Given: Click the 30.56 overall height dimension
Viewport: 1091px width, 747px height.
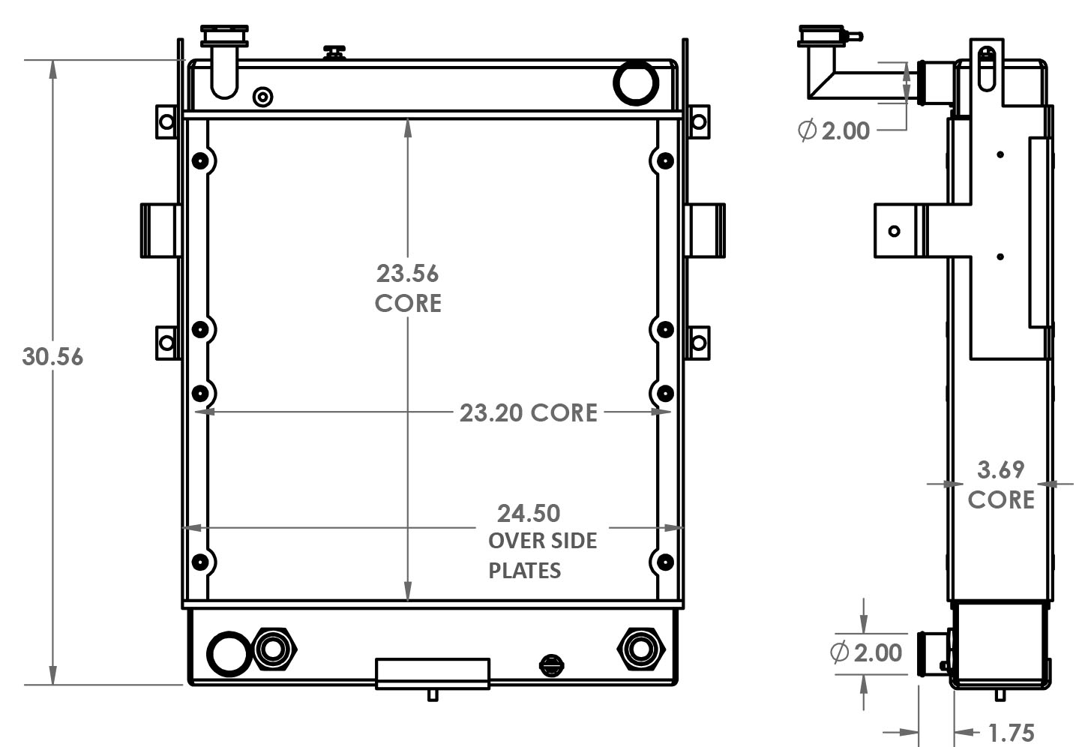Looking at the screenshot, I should tap(52, 357).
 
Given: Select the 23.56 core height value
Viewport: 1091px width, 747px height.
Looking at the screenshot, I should tap(407, 274).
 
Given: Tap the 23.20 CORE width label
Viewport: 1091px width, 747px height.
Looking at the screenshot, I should tap(528, 413).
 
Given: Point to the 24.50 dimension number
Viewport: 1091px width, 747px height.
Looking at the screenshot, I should tap(529, 514).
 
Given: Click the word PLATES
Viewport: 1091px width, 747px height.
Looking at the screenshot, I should tap(524, 571).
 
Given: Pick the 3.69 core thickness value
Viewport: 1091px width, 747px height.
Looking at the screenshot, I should tap(1000, 470).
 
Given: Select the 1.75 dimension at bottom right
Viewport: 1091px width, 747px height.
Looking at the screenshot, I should tap(1012, 733).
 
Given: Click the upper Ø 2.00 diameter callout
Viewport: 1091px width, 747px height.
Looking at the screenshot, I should tap(834, 130).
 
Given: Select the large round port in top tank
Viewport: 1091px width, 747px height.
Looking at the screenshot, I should tap(636, 82).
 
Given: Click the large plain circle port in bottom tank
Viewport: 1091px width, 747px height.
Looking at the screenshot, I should tap(228, 653).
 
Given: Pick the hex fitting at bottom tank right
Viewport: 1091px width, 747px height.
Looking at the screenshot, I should tap(641, 648).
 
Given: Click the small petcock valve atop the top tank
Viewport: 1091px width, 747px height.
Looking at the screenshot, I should tap(334, 52).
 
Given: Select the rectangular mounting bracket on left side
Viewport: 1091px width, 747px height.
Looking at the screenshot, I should tap(160, 230).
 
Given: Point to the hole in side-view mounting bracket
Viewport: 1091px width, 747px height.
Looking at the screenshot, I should tap(894, 230).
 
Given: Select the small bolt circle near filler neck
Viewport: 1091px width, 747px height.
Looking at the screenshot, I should tap(263, 97).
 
